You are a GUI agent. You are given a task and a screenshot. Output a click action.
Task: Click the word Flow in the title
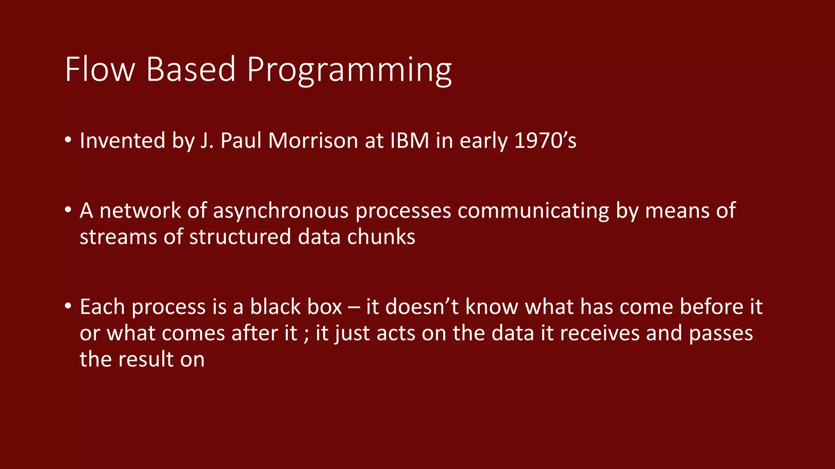(x=100, y=70)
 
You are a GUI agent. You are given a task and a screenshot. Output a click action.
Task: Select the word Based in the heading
(x=191, y=70)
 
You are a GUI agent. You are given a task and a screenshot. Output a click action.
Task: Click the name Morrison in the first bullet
(x=313, y=141)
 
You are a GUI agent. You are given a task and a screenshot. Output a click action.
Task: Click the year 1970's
(x=545, y=141)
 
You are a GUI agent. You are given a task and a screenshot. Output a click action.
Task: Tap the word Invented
(x=122, y=141)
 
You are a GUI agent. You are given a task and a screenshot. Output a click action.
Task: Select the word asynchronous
(x=281, y=211)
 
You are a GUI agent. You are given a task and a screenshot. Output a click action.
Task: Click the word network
(x=140, y=211)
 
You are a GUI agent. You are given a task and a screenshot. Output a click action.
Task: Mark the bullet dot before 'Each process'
(x=68, y=306)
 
